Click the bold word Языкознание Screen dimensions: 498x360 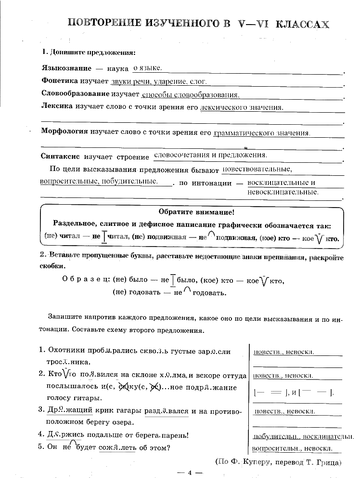point(65,69)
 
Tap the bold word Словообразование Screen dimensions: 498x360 point(76,94)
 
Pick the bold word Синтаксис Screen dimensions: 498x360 point(60,157)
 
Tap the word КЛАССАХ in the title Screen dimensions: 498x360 point(302,25)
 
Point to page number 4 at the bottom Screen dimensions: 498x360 point(190,473)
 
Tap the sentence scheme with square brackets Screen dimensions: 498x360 point(294,393)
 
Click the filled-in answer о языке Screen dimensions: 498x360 point(147,68)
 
